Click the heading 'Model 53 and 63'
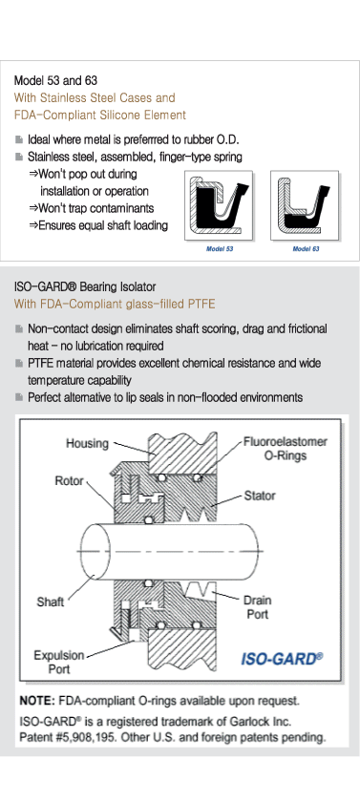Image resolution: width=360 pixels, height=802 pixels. pyautogui.click(x=55, y=80)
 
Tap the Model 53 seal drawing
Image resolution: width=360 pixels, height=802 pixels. pyautogui.click(x=219, y=205)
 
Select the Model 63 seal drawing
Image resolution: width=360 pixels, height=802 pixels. pyautogui.click(x=305, y=205)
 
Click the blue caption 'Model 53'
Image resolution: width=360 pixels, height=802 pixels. pyautogui.click(x=220, y=249)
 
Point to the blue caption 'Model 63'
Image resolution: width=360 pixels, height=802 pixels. pyautogui.click(x=306, y=249)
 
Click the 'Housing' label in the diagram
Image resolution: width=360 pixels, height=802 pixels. pyautogui.click(x=87, y=443)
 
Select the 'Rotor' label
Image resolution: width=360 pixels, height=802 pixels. pyautogui.click(x=69, y=481)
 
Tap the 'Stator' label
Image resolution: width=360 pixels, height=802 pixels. pyautogui.click(x=260, y=496)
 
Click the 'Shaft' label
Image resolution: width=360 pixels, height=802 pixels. pyautogui.click(x=50, y=601)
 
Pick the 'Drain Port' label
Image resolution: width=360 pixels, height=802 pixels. pyautogui.click(x=257, y=606)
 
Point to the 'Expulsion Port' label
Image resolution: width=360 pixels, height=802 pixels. pyautogui.click(x=59, y=662)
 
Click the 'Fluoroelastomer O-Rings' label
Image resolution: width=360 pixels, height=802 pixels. pyautogui.click(x=285, y=448)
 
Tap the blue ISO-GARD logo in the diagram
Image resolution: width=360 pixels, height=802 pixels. pyautogui.click(x=282, y=659)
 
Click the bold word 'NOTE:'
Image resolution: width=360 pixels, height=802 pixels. pyautogui.click(x=37, y=700)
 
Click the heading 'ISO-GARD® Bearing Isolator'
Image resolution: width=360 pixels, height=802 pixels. pyautogui.click(x=85, y=286)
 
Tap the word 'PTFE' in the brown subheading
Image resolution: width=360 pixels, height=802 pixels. pyautogui.click(x=201, y=305)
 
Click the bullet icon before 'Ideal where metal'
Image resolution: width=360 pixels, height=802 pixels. pyautogui.click(x=19, y=139)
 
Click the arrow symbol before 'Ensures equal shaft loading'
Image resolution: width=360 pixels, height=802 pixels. pyautogui.click(x=33, y=225)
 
